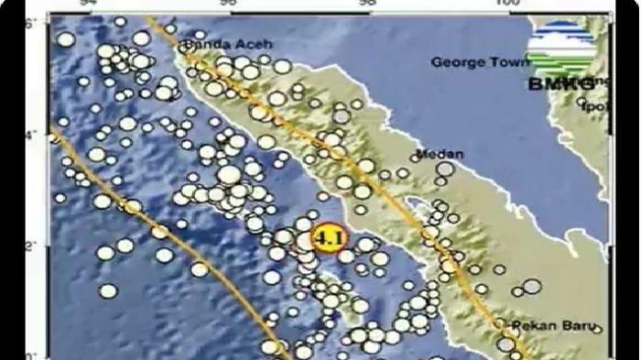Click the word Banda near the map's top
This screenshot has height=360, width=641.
(x=200, y=43)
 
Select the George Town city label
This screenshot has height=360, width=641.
(x=480, y=63)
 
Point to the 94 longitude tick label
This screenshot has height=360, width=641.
(x=91, y=4)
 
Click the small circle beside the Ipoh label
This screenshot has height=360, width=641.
(x=582, y=104)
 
